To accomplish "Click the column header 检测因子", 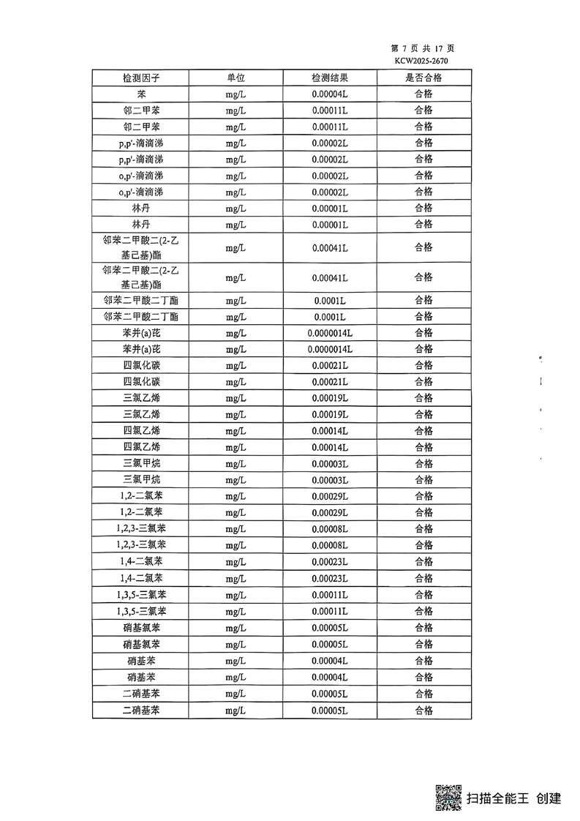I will click(x=140, y=78).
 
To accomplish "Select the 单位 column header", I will click(x=236, y=78).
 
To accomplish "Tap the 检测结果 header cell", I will click(x=330, y=78).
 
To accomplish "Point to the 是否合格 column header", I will click(x=423, y=78).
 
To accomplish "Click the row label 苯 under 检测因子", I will click(x=140, y=94).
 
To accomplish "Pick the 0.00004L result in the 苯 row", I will click(x=330, y=94).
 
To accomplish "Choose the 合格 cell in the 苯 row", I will click(x=423, y=94).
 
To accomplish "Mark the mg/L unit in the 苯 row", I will click(x=236, y=94).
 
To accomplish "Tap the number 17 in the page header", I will click(x=429, y=48).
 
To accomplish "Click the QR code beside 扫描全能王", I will click(x=448, y=798).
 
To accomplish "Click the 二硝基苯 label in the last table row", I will click(x=140, y=710).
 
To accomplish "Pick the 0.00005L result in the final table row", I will click(x=330, y=710).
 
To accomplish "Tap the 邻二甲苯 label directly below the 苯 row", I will click(x=140, y=110).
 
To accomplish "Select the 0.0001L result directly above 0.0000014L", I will click(x=330, y=317).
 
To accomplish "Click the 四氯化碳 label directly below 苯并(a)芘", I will click(x=140, y=365).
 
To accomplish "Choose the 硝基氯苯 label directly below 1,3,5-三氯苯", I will click(x=140, y=628).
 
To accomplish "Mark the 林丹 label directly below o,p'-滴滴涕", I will click(x=140, y=209).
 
